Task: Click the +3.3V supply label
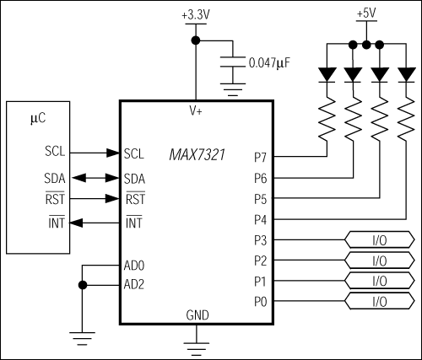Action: [196, 14]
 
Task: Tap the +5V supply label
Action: [366, 14]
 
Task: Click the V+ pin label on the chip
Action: [196, 111]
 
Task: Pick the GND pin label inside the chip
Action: [197, 314]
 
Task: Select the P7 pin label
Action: [260, 157]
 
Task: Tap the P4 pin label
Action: [260, 219]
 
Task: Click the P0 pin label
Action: [260, 301]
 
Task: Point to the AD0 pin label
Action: [135, 264]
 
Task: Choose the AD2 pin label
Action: [135, 284]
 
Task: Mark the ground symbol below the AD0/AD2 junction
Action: [82, 338]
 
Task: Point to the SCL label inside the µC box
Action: [55, 153]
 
